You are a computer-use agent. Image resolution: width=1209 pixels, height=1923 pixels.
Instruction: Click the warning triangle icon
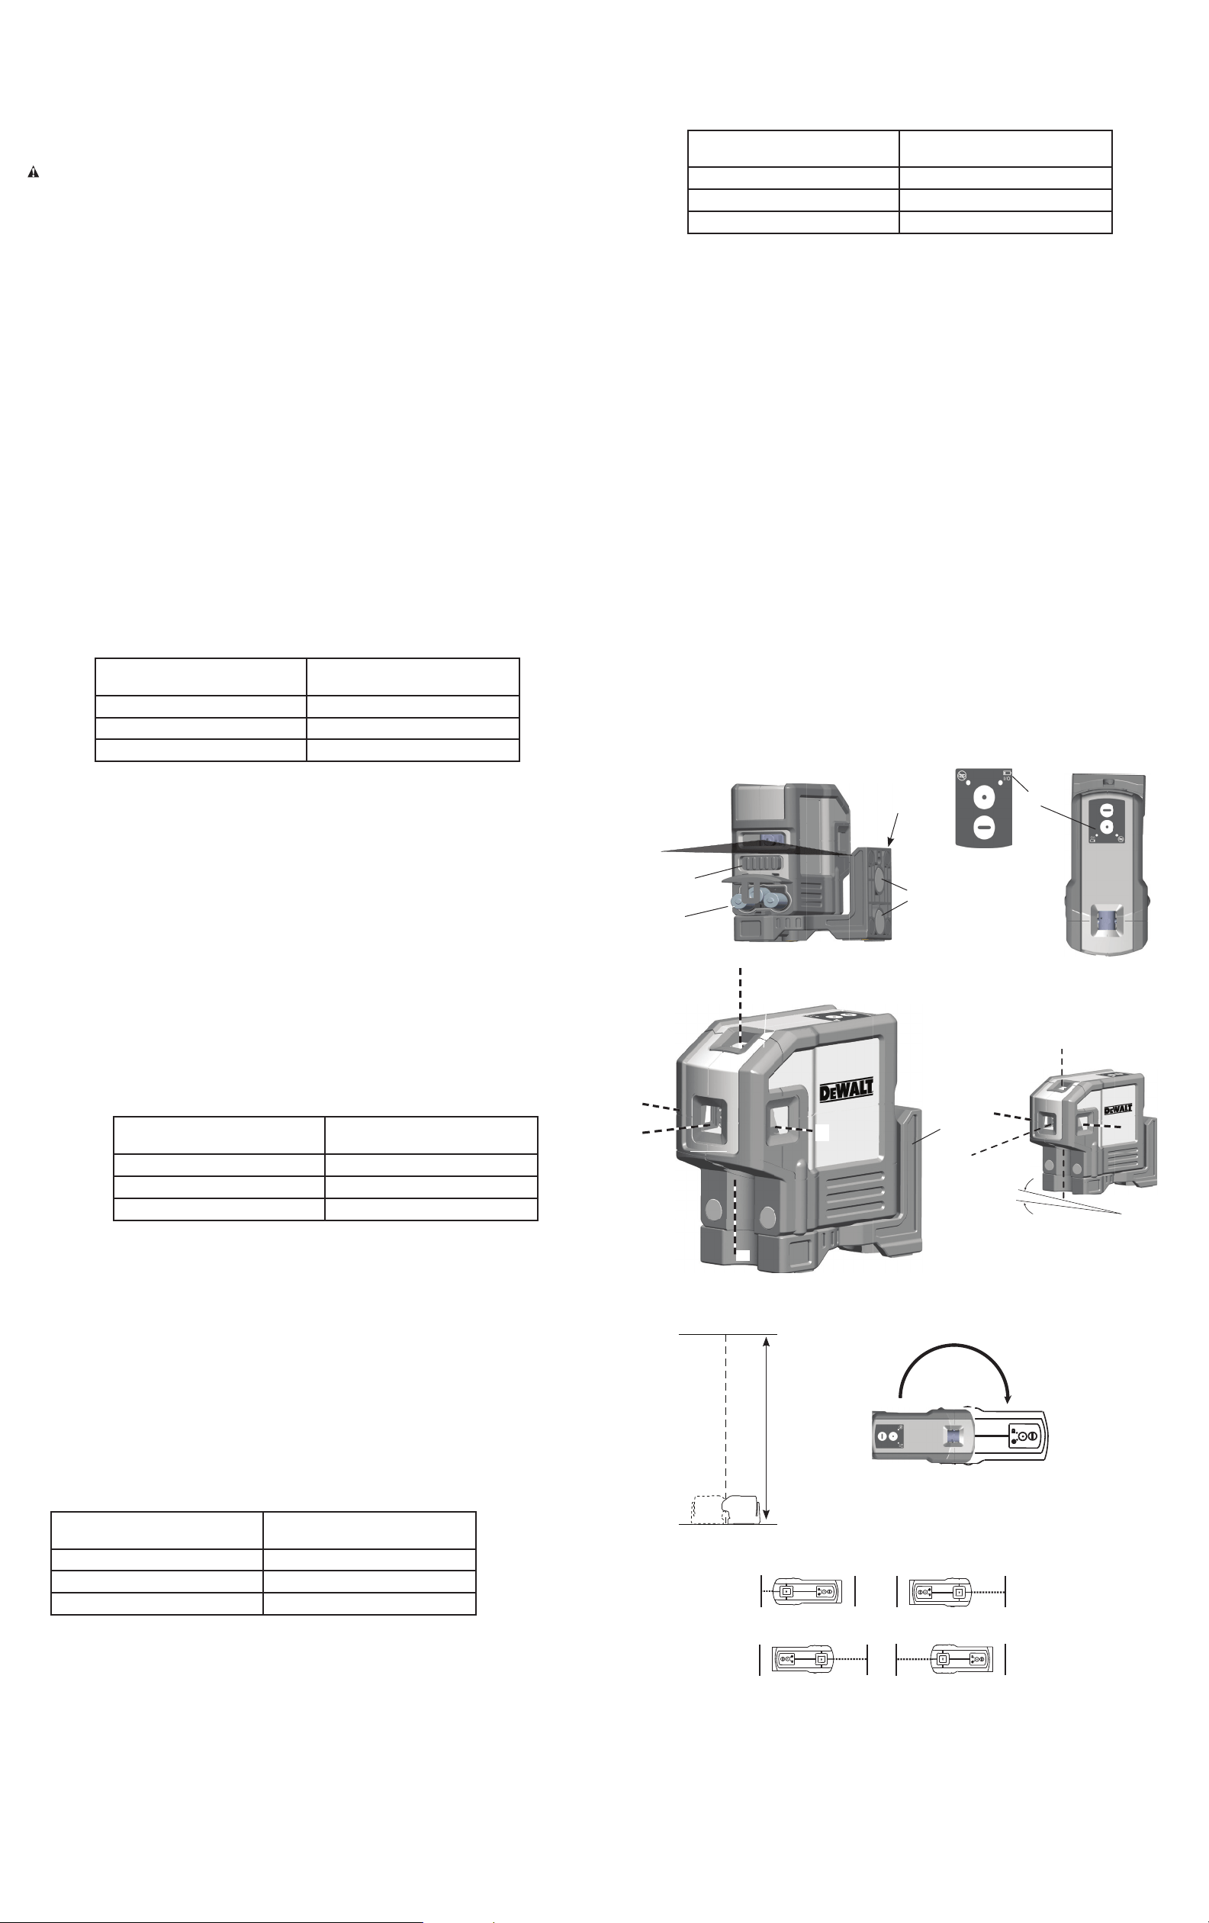point(34,172)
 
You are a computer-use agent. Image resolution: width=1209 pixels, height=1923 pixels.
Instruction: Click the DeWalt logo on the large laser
point(847,1089)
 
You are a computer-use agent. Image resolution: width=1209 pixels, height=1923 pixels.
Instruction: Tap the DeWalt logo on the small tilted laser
point(1118,1108)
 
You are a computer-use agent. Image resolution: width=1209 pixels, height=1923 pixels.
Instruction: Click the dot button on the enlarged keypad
point(985,797)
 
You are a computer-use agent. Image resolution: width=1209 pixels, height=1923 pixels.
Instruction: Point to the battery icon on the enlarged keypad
point(1007,773)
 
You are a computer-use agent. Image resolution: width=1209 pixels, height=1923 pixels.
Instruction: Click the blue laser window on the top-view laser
point(1108,921)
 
